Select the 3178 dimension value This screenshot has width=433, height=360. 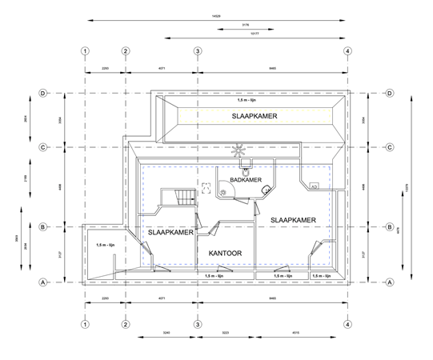[244, 26]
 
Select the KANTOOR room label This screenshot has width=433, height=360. [226, 253]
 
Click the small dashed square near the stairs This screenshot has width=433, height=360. [206, 186]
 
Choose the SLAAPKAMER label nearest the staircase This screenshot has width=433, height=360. [170, 231]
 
